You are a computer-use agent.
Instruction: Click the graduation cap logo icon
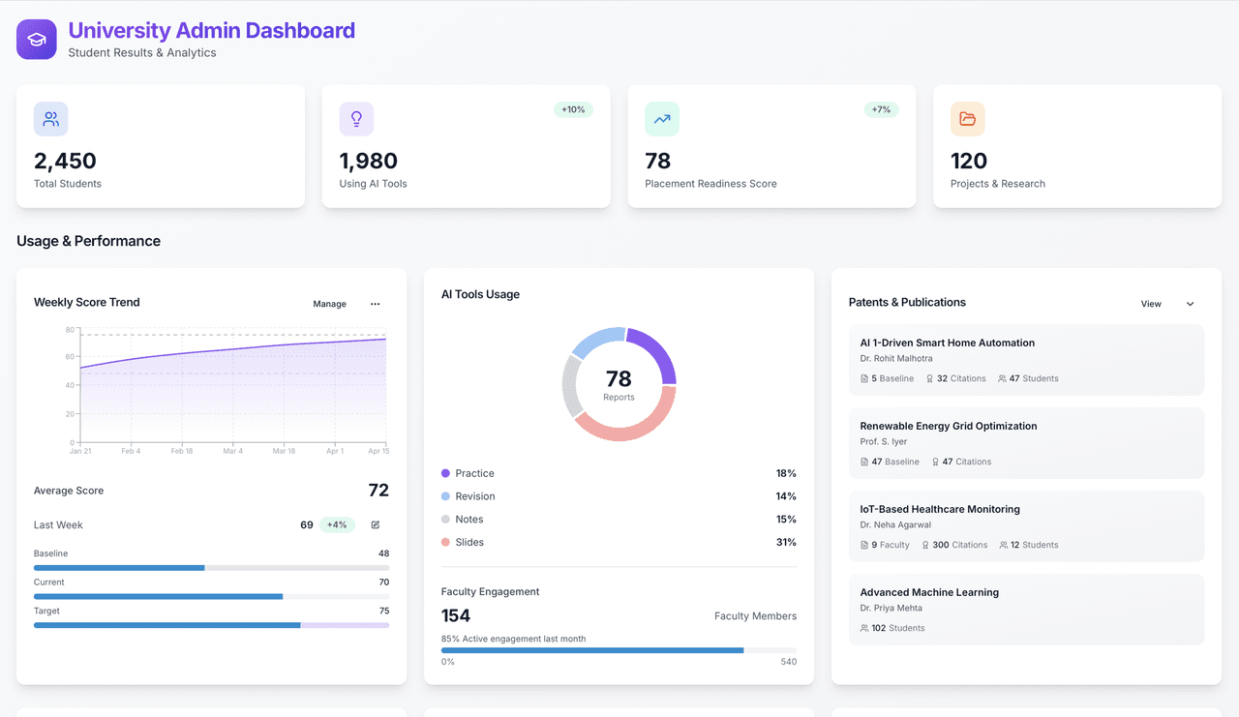click(37, 40)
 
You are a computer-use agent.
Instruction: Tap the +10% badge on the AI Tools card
click(573, 109)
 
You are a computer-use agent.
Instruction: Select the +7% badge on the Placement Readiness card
click(881, 109)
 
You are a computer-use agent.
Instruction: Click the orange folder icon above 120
click(967, 119)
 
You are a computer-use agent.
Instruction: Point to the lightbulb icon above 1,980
click(356, 119)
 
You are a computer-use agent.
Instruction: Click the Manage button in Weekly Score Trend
click(330, 304)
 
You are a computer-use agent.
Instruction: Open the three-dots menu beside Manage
click(375, 304)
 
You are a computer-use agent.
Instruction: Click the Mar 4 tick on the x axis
click(233, 451)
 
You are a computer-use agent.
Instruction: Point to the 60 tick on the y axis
click(70, 357)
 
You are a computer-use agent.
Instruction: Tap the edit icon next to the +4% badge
click(375, 524)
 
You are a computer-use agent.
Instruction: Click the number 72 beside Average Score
click(378, 490)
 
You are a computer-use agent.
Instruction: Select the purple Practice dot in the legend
click(445, 473)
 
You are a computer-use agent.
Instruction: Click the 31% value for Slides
click(786, 542)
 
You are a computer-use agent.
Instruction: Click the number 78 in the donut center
click(619, 378)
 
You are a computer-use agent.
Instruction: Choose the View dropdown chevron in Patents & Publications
click(1191, 304)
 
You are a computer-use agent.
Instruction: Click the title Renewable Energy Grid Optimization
click(948, 426)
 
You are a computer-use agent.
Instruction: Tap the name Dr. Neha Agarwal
click(895, 524)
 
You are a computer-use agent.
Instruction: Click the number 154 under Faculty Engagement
click(456, 615)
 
